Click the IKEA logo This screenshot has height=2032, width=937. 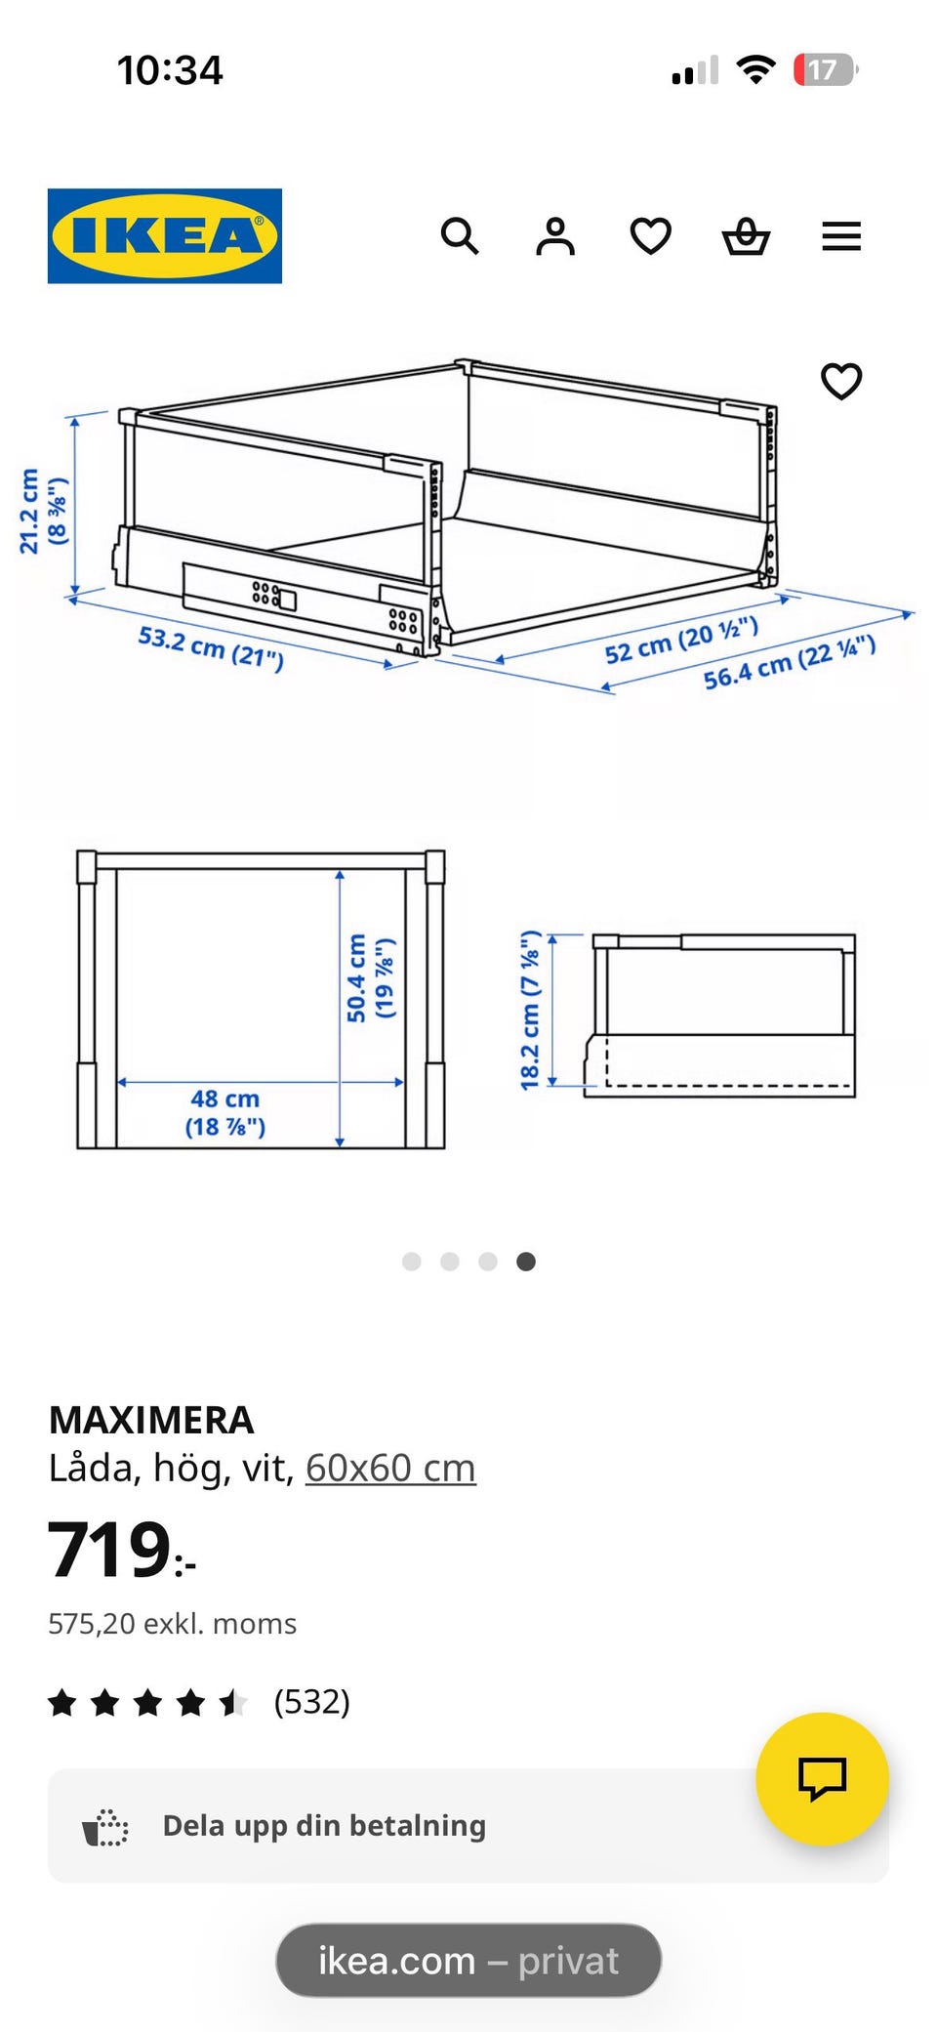pyautogui.click(x=165, y=236)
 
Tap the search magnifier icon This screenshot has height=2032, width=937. pyautogui.click(x=460, y=236)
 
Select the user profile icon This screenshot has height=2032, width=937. pyautogui.click(x=555, y=236)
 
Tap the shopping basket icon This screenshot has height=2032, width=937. pyautogui.click(x=747, y=236)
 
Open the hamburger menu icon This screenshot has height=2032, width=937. pyautogui.click(x=841, y=236)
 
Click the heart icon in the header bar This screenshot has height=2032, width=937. pyautogui.click(x=651, y=236)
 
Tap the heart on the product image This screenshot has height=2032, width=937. pyautogui.click(x=841, y=381)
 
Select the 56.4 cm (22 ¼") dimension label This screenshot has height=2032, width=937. pyautogui.click(x=790, y=662)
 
